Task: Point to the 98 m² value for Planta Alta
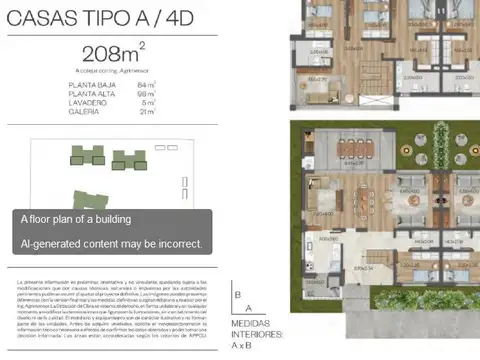(148, 94)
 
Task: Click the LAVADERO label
(88, 102)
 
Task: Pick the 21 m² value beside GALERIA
(148, 110)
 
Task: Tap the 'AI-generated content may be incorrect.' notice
(112, 243)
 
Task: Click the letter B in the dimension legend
(238, 295)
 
